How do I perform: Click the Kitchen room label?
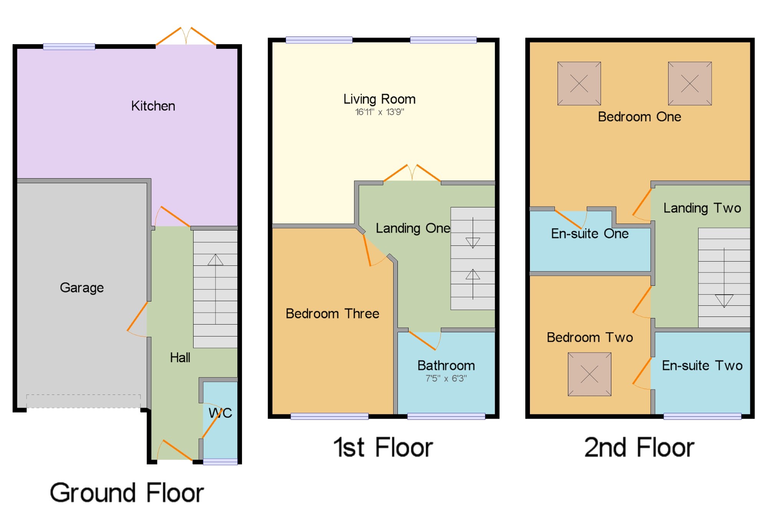click(x=153, y=106)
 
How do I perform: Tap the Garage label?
click(x=82, y=288)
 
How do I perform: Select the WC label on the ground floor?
click(x=220, y=413)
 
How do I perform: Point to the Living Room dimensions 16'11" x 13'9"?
click(x=379, y=112)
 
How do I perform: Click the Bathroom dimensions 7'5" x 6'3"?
click(x=446, y=378)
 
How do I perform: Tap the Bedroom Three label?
click(x=333, y=314)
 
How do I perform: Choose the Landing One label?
click(x=413, y=228)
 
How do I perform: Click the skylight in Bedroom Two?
click(x=589, y=374)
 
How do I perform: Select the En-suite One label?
click(x=590, y=234)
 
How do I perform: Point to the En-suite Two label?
click(x=702, y=366)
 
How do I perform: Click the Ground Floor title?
click(x=127, y=493)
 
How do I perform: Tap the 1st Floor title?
click(x=383, y=447)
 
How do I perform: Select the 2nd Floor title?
click(x=639, y=447)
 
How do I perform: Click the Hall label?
click(x=180, y=358)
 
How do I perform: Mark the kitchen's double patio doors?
click(x=186, y=36)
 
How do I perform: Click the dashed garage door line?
click(x=83, y=401)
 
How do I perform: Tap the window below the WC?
click(x=220, y=462)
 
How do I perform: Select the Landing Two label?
click(x=702, y=208)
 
